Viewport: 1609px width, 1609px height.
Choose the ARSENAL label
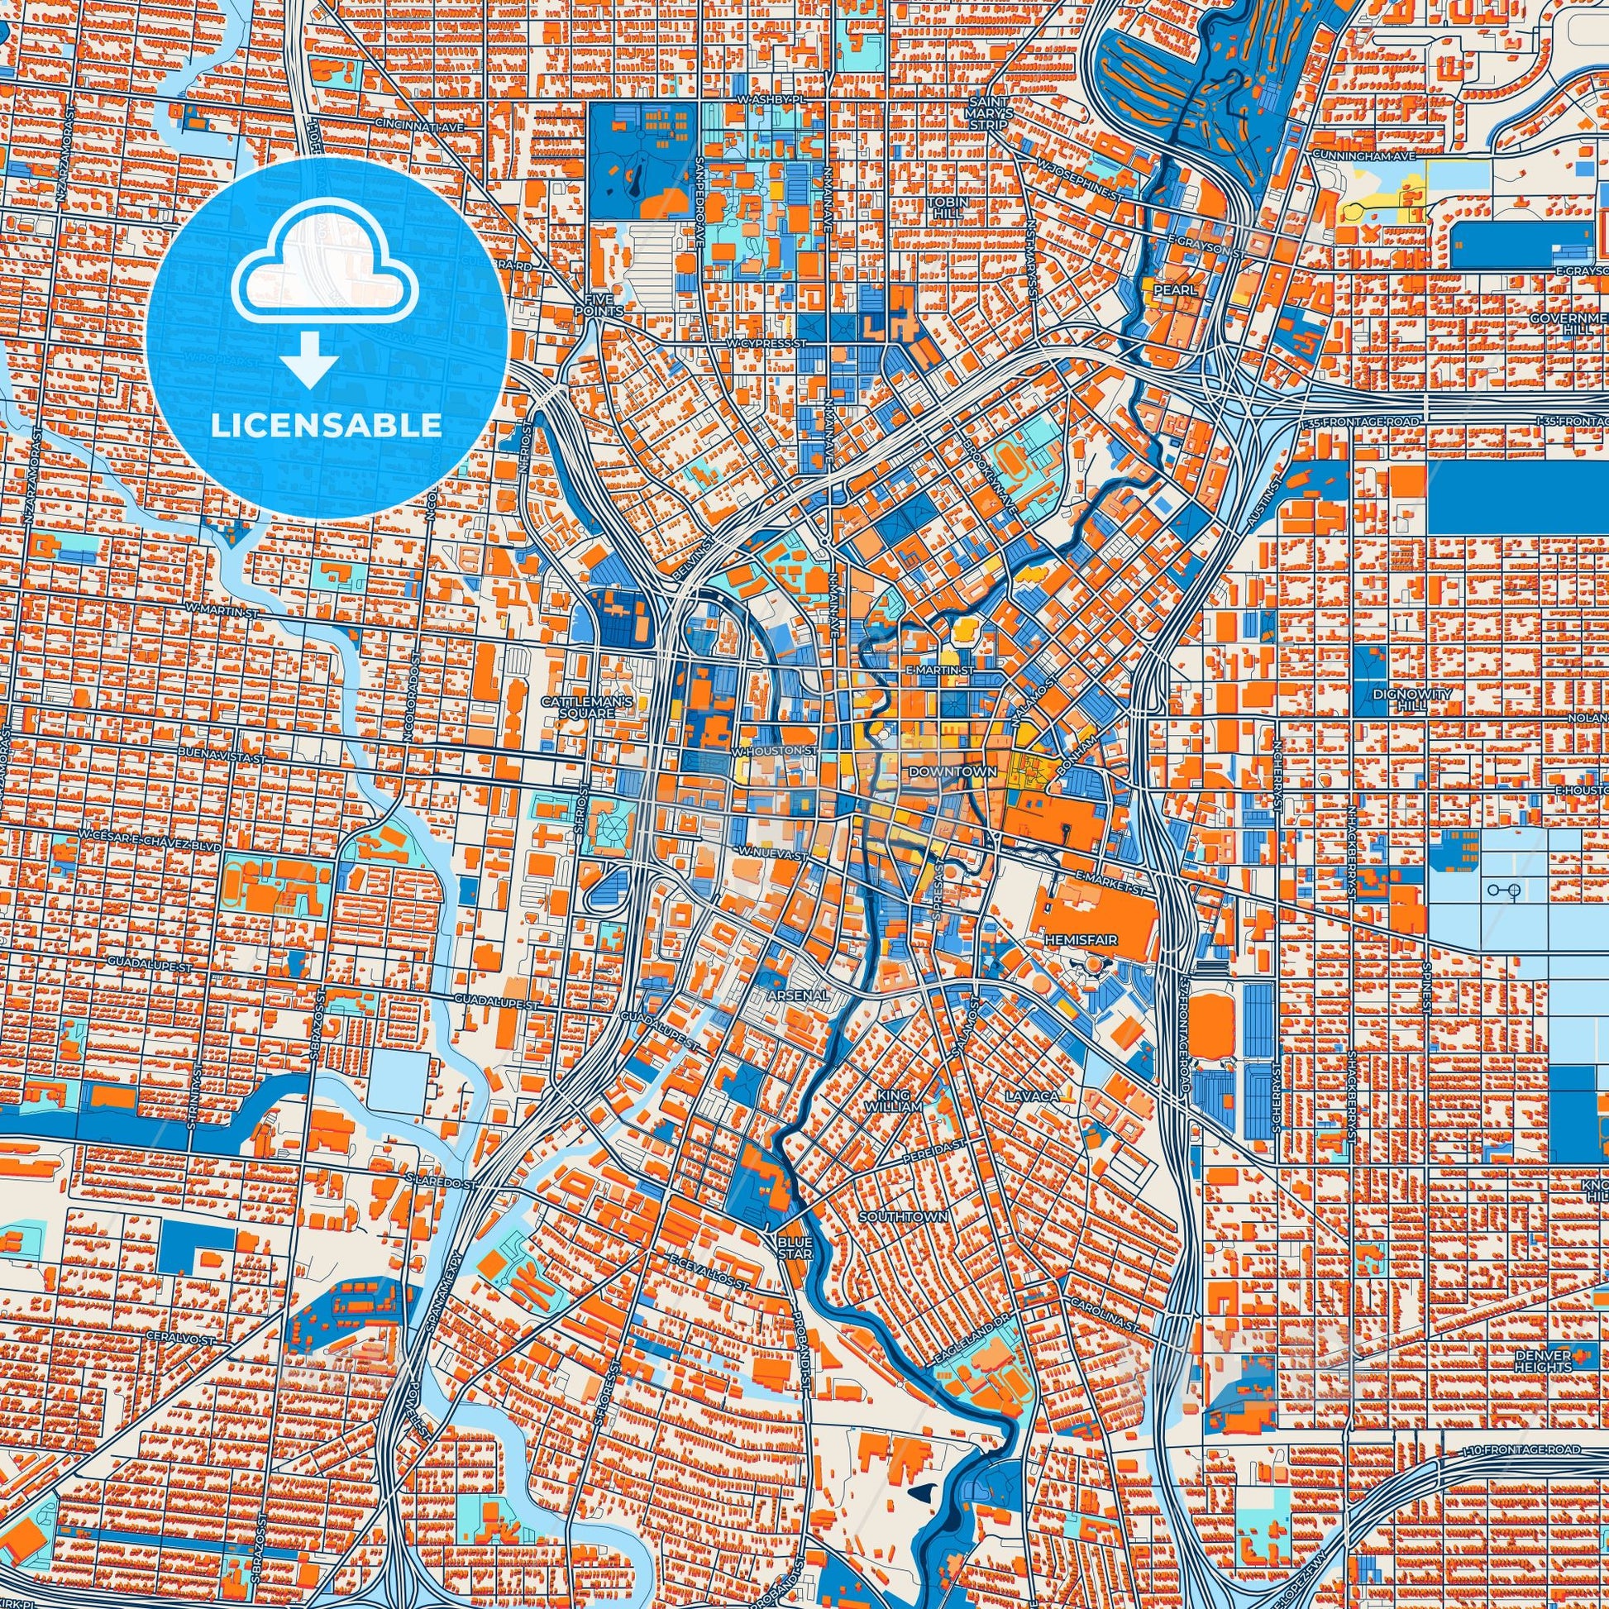point(799,995)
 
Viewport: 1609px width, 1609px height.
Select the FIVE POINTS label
point(599,305)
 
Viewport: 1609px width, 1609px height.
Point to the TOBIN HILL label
point(948,208)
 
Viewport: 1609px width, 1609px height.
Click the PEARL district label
point(1174,291)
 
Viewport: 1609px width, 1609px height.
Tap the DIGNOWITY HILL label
point(1401,699)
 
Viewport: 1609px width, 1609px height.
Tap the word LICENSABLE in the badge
point(326,426)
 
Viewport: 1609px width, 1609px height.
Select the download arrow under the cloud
point(308,358)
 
